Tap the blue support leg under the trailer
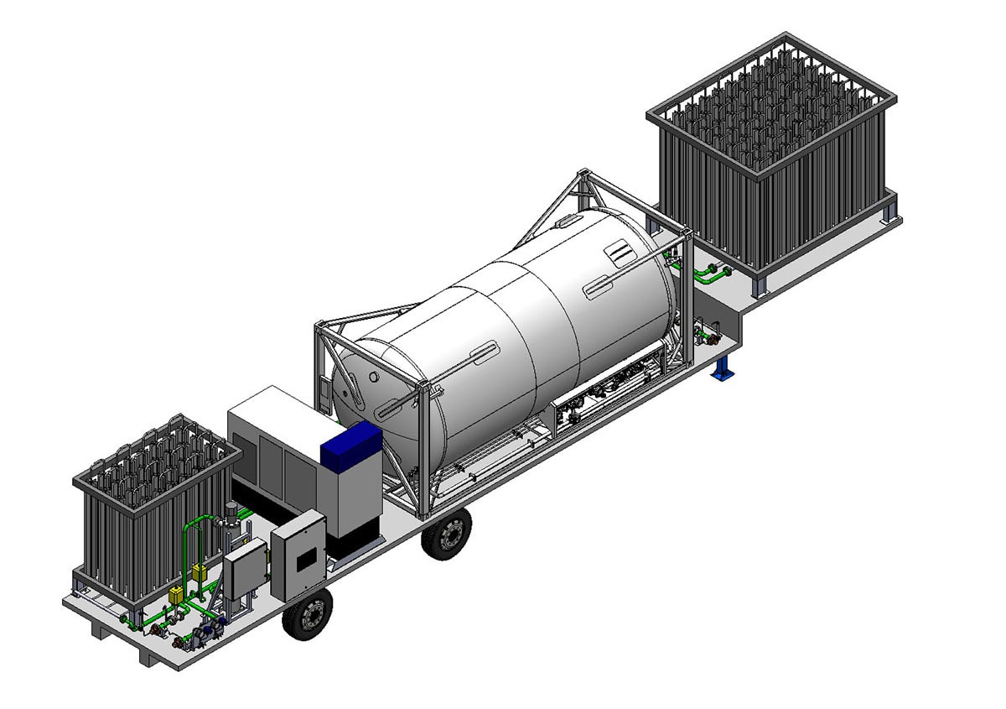722,368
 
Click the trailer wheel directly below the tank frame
446,534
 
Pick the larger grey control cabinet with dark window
298,555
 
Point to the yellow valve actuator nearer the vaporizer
200,574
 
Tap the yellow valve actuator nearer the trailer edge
177,596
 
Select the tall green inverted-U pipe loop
196,537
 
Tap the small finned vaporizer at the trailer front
151,503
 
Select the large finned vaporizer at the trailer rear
771,159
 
